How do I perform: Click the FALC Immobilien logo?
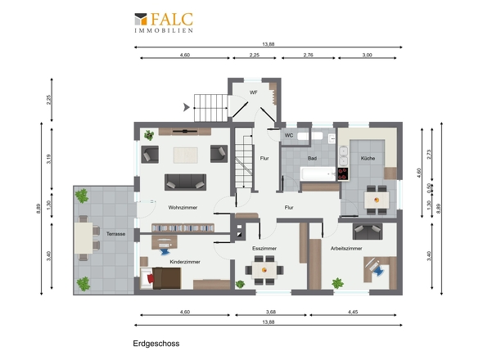click(164, 22)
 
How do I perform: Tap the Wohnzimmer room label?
click(183, 208)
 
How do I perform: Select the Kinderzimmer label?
click(185, 262)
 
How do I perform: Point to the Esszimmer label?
click(264, 248)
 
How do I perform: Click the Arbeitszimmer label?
click(346, 248)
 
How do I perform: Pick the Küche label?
click(368, 158)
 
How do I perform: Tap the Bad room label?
click(312, 158)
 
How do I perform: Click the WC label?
click(289, 136)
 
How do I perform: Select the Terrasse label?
click(115, 234)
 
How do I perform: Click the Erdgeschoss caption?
click(156, 344)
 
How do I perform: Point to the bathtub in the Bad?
click(318, 173)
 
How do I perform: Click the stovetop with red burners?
click(343, 173)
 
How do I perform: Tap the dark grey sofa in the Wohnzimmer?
click(185, 182)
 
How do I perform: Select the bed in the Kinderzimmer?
click(160, 278)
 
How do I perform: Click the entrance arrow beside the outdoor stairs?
click(187, 107)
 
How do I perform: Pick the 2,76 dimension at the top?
click(308, 55)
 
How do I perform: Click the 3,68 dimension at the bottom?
click(271, 312)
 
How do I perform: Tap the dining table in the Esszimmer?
click(264, 270)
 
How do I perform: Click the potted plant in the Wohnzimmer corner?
click(149, 135)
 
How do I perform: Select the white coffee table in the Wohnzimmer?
click(186, 155)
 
